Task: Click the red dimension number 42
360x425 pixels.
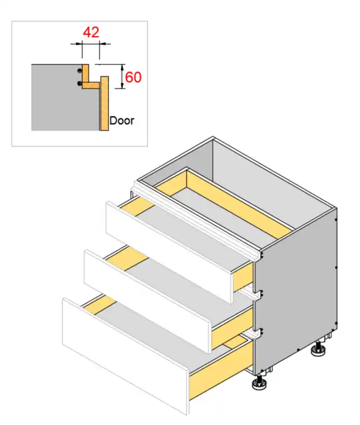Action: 91,32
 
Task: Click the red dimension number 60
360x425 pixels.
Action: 133,77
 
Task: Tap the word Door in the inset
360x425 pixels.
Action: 121,120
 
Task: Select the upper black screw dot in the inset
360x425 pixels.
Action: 79,70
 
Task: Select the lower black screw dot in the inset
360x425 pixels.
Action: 79,83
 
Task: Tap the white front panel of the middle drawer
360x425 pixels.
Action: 148,301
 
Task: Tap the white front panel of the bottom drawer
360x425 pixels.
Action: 125,357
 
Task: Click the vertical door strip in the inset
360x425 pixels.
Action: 104,103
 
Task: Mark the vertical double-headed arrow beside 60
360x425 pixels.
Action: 122,77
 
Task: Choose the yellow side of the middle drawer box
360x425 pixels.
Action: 232,327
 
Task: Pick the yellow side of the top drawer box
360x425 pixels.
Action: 243,276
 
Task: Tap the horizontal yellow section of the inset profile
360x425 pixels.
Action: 92,85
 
